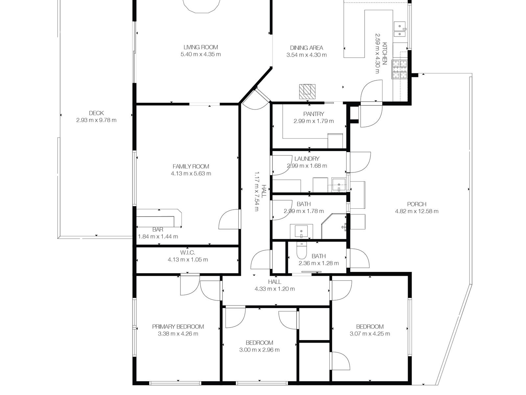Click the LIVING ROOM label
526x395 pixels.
(201, 47)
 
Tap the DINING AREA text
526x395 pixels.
(306, 48)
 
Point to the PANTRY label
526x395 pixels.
(314, 114)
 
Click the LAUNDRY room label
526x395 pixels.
(307, 159)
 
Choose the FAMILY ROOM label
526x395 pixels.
(191, 167)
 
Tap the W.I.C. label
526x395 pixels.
(188, 252)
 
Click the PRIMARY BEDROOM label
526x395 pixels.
(178, 327)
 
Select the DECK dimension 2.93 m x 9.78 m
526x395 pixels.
(96, 120)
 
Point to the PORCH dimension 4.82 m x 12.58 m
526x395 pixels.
(417, 211)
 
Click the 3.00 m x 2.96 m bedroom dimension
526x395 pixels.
(259, 350)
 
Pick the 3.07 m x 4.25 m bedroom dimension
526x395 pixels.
(370, 333)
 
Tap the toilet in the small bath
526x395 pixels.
(301, 250)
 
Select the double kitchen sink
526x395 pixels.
(400, 30)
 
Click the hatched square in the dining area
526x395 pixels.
(307, 92)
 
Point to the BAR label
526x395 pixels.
(158, 229)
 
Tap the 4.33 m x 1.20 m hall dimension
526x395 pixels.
(275, 289)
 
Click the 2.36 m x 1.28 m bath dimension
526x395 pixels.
(319, 263)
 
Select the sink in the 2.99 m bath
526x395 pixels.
(301, 231)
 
